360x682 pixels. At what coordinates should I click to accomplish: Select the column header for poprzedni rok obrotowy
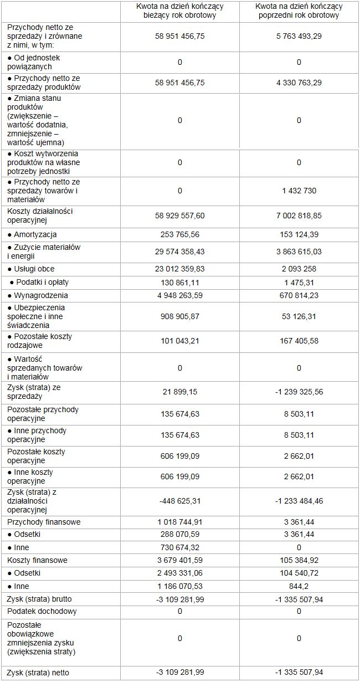click(x=299, y=11)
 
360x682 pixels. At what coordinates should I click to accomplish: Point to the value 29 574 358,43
click(x=180, y=252)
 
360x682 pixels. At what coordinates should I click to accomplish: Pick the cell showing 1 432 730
click(x=299, y=191)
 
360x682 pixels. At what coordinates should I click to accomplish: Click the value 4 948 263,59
click(x=180, y=295)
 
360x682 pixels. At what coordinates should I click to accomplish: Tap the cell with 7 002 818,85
click(x=299, y=216)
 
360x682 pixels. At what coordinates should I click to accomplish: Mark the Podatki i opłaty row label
click(x=39, y=282)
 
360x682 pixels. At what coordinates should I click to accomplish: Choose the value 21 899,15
click(x=180, y=392)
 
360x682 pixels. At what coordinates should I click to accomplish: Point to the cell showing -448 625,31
click(x=180, y=501)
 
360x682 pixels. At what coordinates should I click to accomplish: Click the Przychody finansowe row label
click(x=44, y=522)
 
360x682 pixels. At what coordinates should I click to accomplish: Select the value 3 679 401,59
click(x=180, y=560)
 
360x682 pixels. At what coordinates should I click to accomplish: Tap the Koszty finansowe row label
click(x=37, y=560)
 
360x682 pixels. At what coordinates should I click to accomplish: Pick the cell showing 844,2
click(x=299, y=586)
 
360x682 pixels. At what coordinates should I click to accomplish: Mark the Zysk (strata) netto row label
click(x=39, y=673)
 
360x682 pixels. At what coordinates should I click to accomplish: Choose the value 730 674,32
click(x=180, y=547)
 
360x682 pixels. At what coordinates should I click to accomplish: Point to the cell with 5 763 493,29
click(x=299, y=36)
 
